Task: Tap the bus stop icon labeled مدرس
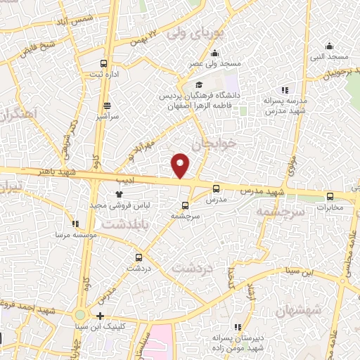[216, 188]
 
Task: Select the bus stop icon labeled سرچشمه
[185, 205]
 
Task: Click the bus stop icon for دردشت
[139, 257]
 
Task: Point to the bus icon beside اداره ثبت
[105, 62]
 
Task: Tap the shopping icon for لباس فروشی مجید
[118, 195]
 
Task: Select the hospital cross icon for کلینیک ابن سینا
[101, 316]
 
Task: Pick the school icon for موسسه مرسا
[76, 223]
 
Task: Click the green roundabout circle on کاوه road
[80, 316]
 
